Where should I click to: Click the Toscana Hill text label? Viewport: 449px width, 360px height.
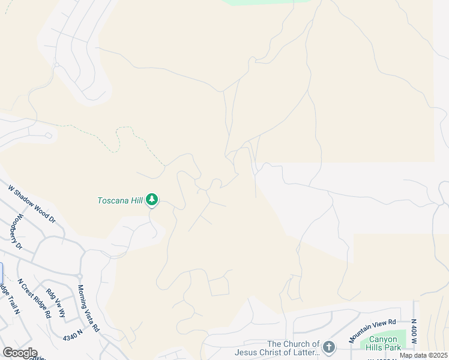tap(120, 200)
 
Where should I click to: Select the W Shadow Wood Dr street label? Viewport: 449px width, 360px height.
tap(31, 204)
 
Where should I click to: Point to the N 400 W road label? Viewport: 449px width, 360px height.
tap(414, 331)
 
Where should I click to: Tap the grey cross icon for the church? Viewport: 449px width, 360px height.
tap(328, 347)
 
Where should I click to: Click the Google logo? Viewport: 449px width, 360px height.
tap(20, 353)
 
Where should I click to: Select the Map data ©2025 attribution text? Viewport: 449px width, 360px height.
tap(423, 355)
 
